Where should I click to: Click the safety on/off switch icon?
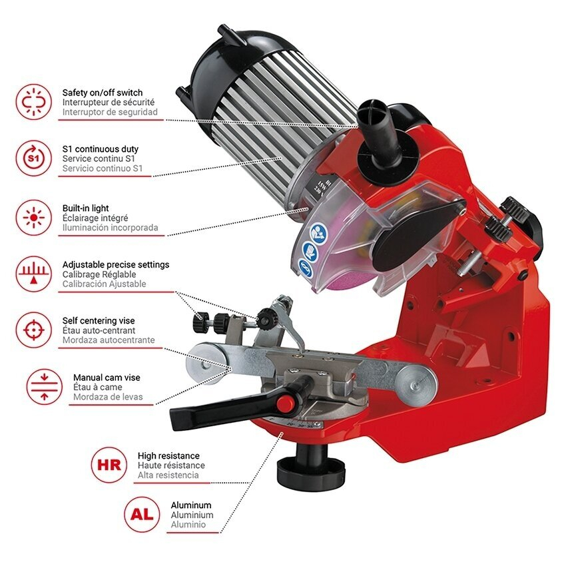pos(33,102)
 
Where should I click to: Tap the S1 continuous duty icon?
pos(33,158)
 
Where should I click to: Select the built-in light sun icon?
pos(33,218)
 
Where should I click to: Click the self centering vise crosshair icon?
pos(33,330)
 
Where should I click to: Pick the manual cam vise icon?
pos(45,387)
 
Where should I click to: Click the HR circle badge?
pos(109,465)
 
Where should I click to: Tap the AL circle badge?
pos(142,514)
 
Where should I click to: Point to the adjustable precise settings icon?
pos(33,274)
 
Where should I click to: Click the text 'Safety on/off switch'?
pos(103,93)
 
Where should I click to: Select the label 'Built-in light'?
pos(85,208)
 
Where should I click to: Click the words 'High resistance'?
pos(168,455)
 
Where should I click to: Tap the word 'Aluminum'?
pos(191,505)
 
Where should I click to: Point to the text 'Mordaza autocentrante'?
pos(109,340)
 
